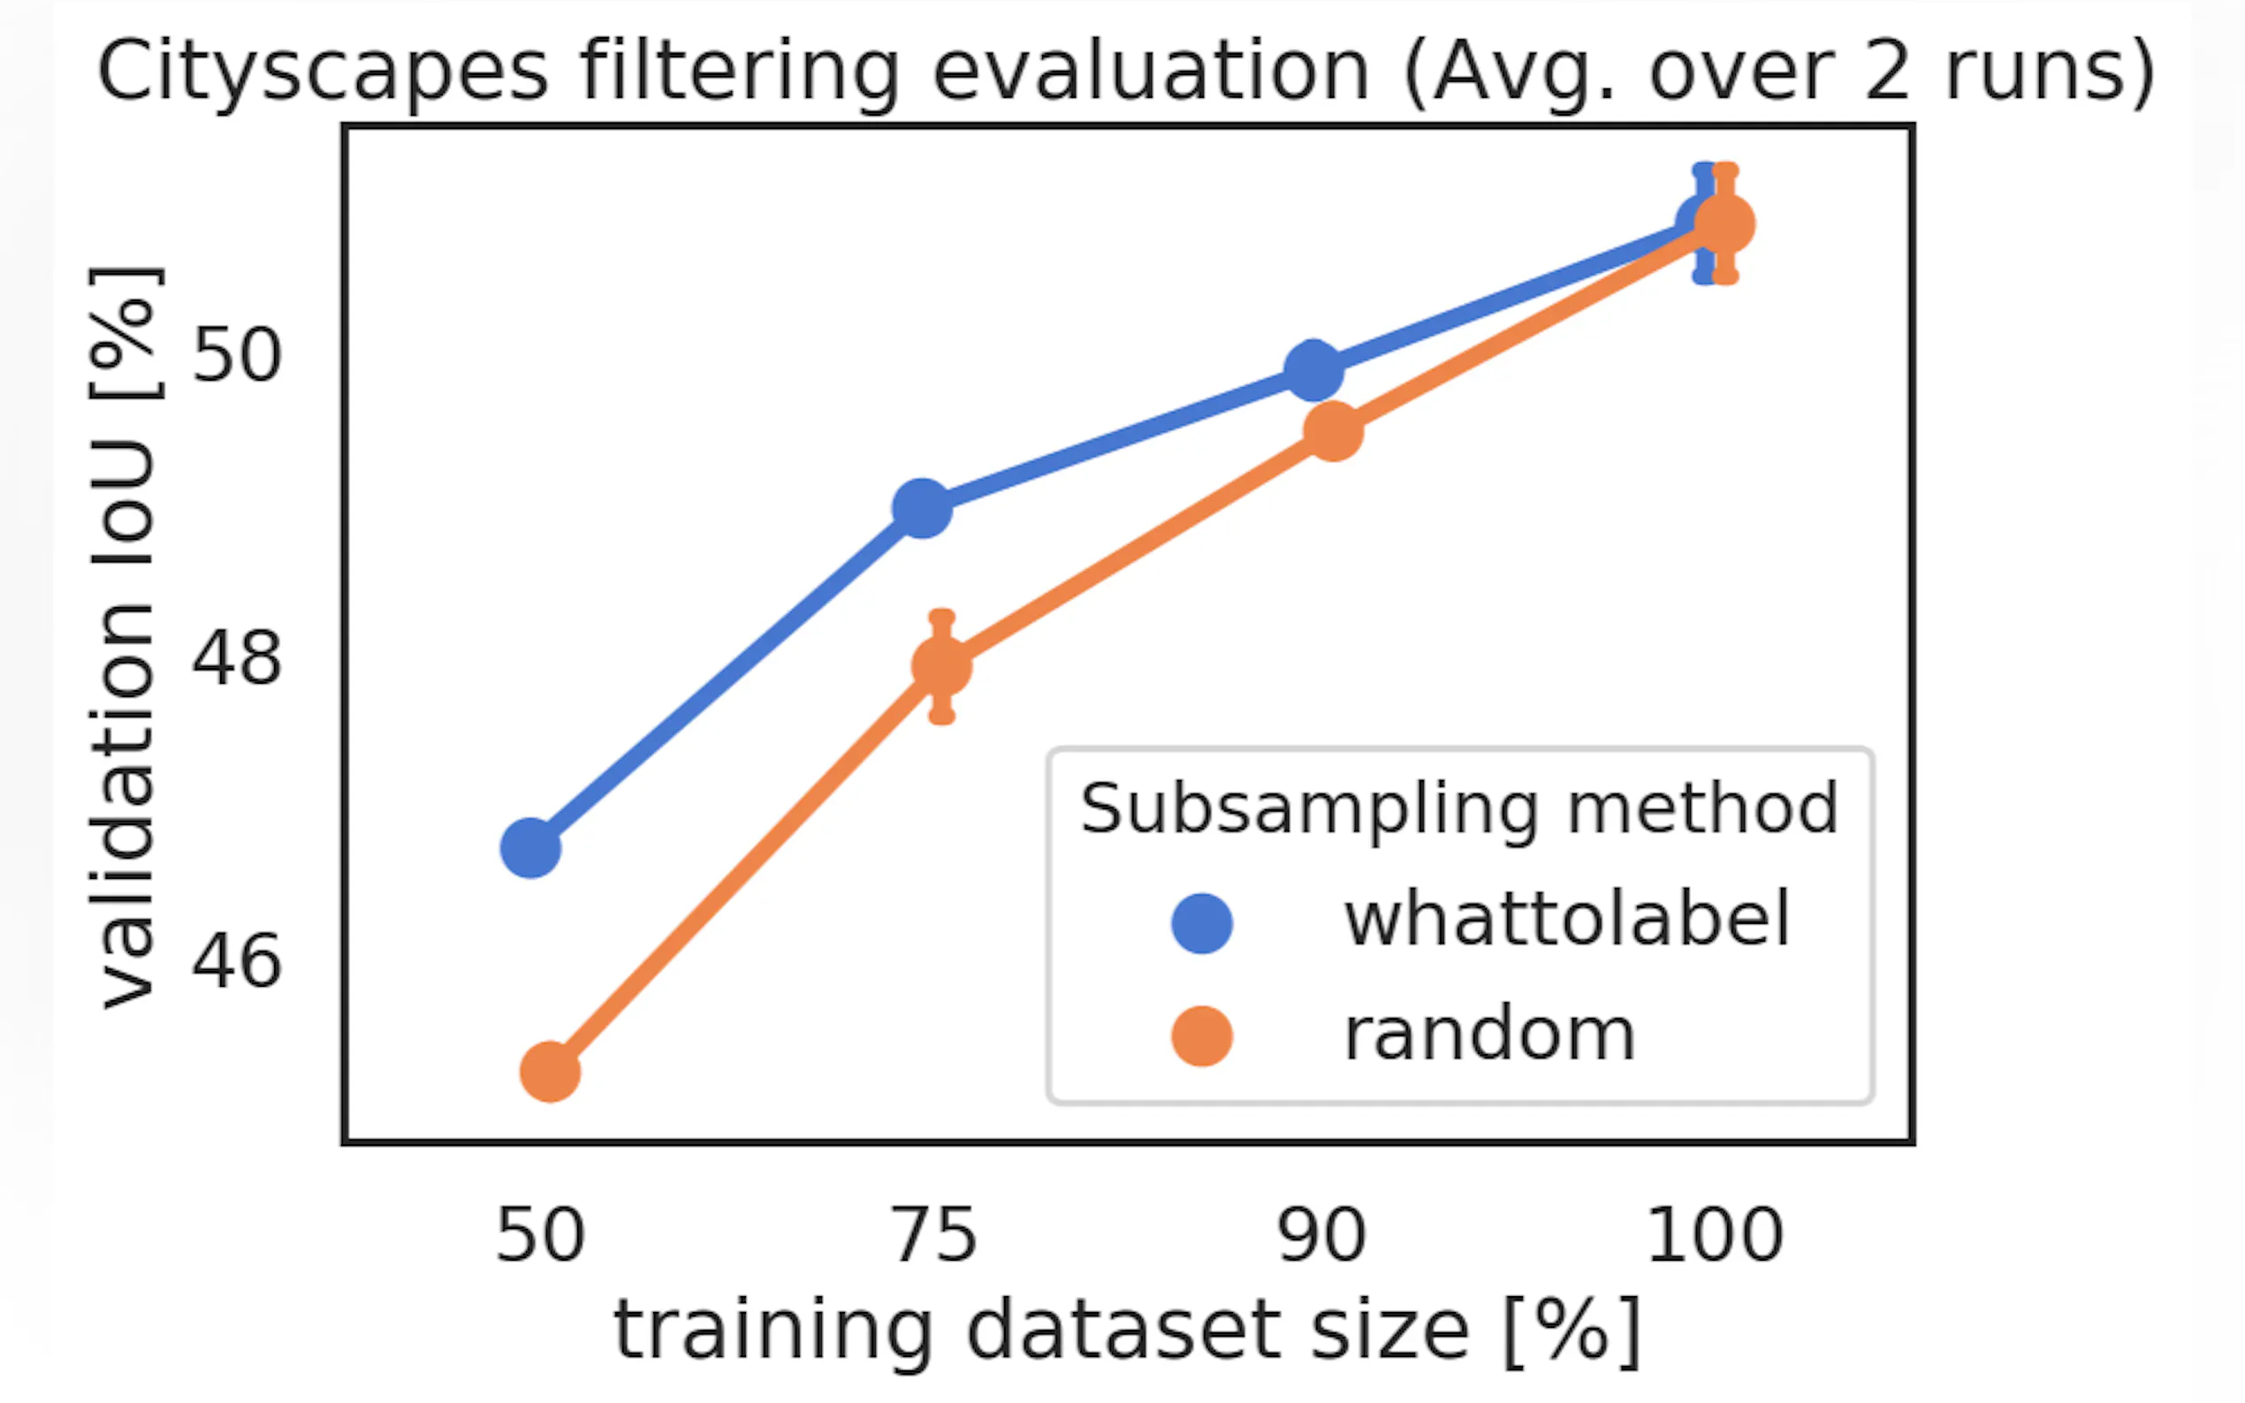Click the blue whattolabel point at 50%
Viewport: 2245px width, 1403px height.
pyautogui.click(x=531, y=848)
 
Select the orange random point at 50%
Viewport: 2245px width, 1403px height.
pyautogui.click(x=551, y=1072)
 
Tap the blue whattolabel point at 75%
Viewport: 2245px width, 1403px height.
pyautogui.click(x=923, y=509)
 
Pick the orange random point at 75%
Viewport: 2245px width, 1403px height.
pyautogui.click(x=942, y=666)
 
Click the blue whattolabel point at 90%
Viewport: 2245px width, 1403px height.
pyautogui.click(x=1314, y=370)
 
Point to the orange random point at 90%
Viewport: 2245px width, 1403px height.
pyautogui.click(x=1334, y=431)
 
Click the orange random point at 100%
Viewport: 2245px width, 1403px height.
pyautogui.click(x=1725, y=224)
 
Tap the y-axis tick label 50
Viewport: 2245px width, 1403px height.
pyautogui.click(x=236, y=354)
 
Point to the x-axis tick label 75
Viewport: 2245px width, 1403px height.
pyautogui.click(x=933, y=1235)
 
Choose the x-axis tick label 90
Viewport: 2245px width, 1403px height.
pyautogui.click(x=1321, y=1235)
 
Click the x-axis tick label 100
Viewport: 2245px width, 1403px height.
pyautogui.click(x=1714, y=1235)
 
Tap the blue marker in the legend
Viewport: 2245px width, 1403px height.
pyautogui.click(x=1202, y=923)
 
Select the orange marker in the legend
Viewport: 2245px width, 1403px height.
pyautogui.click(x=1202, y=1035)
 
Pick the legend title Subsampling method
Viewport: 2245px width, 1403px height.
pyautogui.click(x=1459, y=808)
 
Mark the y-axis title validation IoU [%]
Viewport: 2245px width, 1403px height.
pyautogui.click(x=125, y=639)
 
